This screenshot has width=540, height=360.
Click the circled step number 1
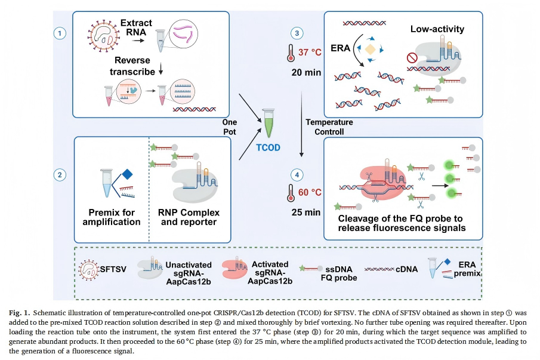[x=59, y=33]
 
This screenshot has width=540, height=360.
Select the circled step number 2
[x=59, y=175]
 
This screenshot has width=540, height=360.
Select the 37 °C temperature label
[x=310, y=53]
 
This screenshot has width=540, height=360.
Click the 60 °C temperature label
[x=310, y=192]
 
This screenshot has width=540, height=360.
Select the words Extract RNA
[x=136, y=27]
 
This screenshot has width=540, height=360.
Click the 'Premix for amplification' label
[x=112, y=217]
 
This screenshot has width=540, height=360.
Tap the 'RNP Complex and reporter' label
[x=189, y=217]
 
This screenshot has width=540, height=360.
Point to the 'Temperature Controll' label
[x=329, y=127]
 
